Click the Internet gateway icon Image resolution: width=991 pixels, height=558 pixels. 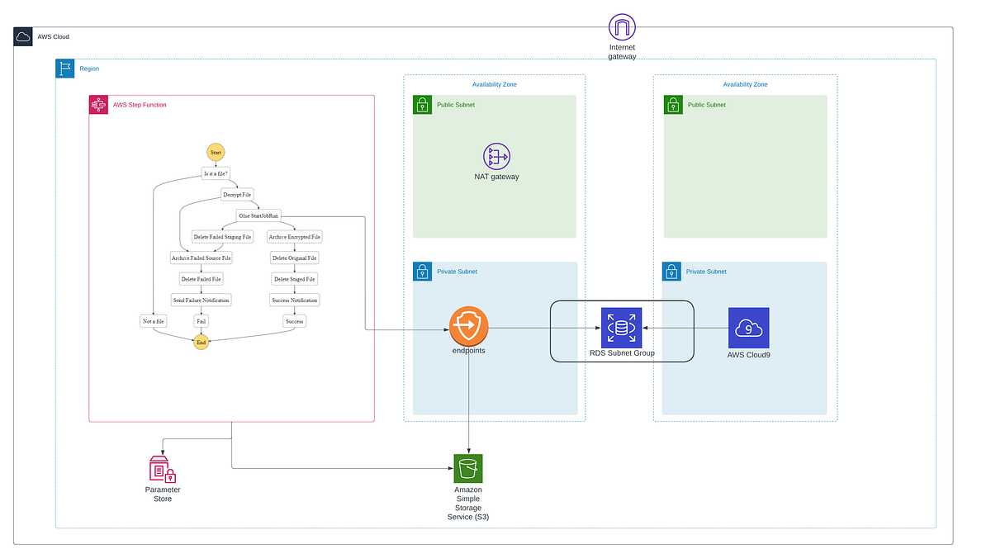622,27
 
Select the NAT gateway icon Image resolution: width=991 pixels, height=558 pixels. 496,156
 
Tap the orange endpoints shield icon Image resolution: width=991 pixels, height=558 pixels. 469,327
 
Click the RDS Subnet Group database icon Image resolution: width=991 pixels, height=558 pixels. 621,328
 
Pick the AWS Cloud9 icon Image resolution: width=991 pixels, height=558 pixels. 748,328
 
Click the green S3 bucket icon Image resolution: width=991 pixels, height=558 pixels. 468,469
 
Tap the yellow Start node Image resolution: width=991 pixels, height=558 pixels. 216,153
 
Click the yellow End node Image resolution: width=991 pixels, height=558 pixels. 201,342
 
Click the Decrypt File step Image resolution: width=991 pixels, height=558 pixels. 236,195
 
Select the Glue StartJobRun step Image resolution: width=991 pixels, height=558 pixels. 258,215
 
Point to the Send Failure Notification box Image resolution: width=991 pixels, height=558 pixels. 201,300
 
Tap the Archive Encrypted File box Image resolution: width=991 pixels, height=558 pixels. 294,237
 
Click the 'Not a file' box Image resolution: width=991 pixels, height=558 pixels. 154,321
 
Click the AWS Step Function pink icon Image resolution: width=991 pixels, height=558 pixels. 98,105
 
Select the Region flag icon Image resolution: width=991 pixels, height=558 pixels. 65,69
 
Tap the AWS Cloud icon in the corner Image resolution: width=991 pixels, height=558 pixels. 23,37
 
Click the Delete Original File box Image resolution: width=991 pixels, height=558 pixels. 294,258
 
